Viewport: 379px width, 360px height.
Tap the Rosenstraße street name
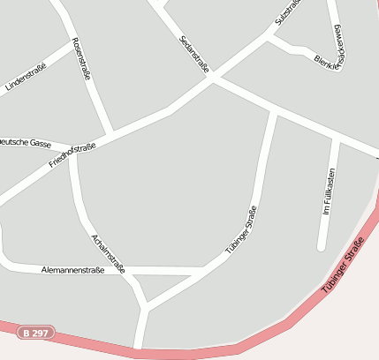click(81, 59)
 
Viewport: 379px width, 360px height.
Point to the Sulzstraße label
click(288, 12)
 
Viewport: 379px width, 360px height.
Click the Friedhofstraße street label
click(72, 155)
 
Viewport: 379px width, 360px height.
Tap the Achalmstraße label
click(109, 253)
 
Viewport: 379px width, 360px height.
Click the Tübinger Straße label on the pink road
click(343, 266)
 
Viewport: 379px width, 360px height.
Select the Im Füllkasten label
click(328, 191)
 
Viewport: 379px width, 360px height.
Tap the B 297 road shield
click(35, 333)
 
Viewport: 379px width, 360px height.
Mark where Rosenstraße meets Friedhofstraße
click(110, 135)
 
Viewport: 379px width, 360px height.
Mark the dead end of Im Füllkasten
click(322, 248)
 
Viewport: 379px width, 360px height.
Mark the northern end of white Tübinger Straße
click(275, 112)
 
